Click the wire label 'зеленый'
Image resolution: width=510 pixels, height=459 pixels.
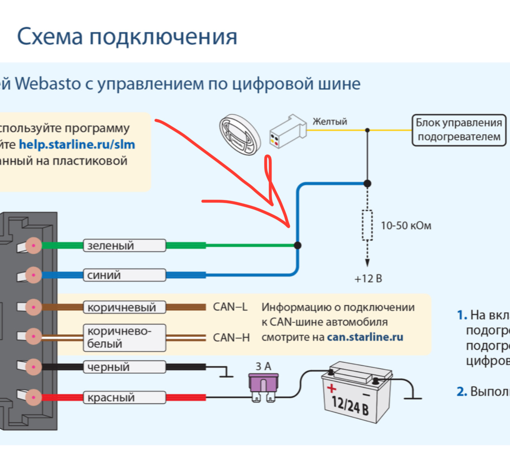tap(124, 246)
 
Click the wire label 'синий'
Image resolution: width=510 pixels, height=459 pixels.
tap(124, 275)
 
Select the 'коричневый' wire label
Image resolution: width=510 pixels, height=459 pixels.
tap(124, 307)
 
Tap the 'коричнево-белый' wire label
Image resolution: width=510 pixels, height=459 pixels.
tap(124, 337)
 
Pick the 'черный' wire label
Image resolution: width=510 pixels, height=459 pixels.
tap(124, 367)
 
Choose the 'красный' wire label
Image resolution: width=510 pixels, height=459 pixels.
tap(124, 397)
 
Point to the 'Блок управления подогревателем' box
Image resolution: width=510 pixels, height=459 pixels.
tap(459, 130)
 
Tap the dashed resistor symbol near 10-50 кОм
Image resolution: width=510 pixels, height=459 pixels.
tap(367, 225)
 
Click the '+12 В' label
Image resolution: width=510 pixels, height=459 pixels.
tap(368, 279)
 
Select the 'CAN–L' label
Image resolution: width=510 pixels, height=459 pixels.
tap(230, 307)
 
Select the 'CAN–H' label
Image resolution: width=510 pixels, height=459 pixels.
tap(231, 337)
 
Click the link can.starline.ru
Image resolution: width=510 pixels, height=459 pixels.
tap(365, 337)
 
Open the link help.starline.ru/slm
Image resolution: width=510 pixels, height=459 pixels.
tap(77, 145)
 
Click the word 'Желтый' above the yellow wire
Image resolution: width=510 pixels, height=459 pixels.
tap(330, 122)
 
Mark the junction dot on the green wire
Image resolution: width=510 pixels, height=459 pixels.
tap(298, 246)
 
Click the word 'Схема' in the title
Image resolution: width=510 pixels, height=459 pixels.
tap(50, 37)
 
